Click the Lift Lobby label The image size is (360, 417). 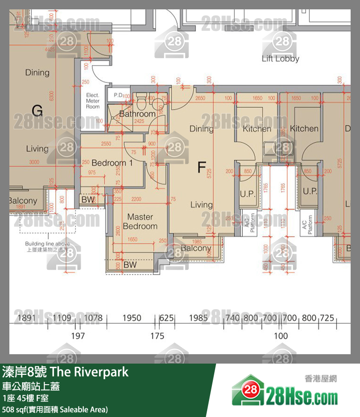click(x=280, y=59)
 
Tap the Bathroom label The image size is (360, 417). click(x=137, y=114)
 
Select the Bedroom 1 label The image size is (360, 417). click(x=112, y=163)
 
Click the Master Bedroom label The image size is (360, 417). click(x=140, y=222)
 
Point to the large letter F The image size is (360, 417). click(x=202, y=167)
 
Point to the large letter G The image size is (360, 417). click(x=37, y=111)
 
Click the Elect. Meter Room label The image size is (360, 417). click(x=93, y=101)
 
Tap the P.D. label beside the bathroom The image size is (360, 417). click(x=118, y=95)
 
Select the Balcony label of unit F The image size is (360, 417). click(x=196, y=248)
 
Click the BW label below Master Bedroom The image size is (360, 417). click(x=130, y=265)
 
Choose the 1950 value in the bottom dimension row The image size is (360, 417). click(x=132, y=318)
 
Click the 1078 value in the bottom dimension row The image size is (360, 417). click(x=93, y=318)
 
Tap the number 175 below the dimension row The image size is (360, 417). click(x=157, y=336)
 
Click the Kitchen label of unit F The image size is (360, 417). click(x=257, y=128)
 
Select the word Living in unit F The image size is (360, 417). click(x=201, y=205)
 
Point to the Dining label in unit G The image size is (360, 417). click(x=37, y=73)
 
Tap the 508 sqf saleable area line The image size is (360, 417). click(x=55, y=410)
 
